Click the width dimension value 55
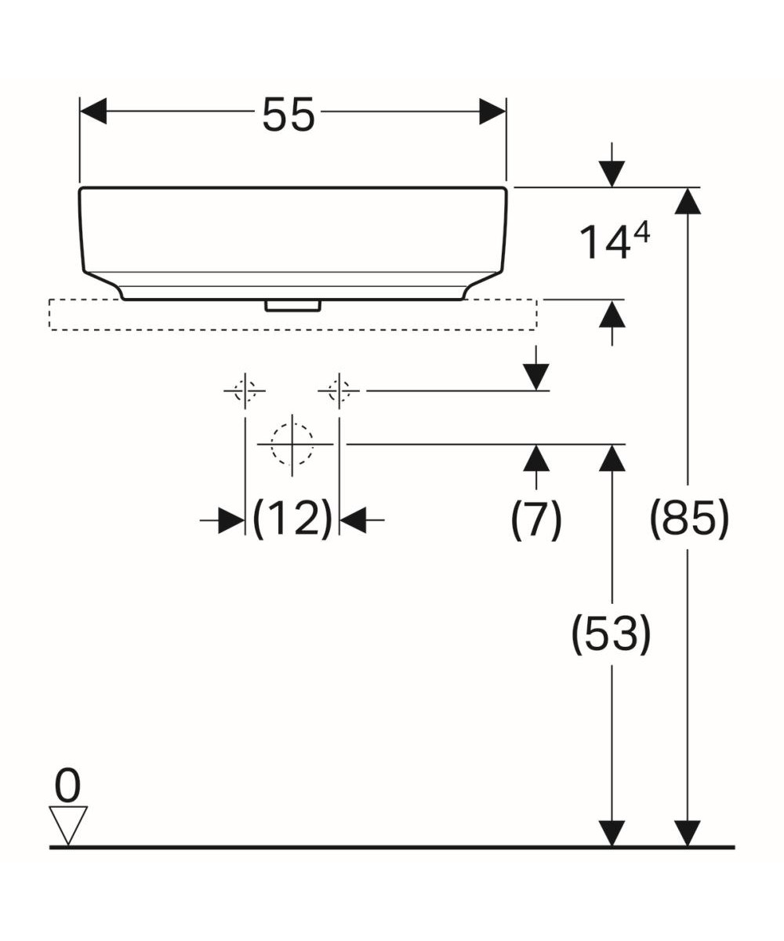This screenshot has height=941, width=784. point(288,115)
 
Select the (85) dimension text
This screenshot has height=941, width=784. point(689,518)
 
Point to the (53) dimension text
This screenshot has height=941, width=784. point(611,634)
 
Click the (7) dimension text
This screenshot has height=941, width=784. point(536,519)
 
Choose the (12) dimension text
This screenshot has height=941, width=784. point(292,519)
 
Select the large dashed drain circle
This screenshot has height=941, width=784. point(292,445)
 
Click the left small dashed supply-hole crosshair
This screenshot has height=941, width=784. point(245,391)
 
